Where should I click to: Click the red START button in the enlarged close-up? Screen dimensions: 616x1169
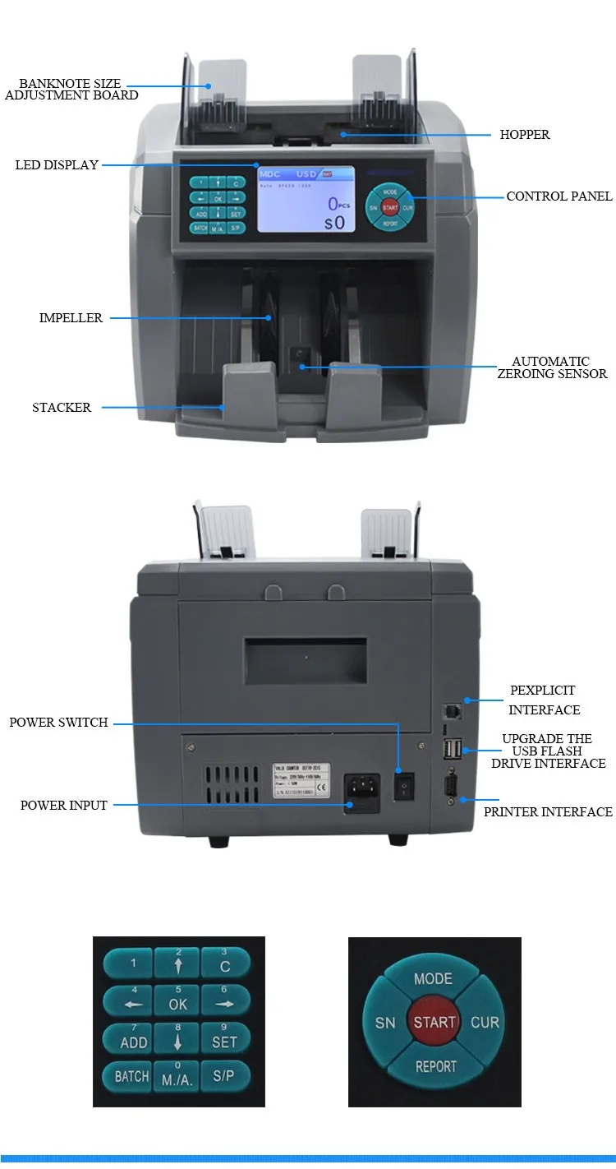point(434,1022)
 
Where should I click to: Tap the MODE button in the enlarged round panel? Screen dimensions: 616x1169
point(434,978)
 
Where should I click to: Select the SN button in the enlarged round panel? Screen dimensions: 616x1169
point(385,1023)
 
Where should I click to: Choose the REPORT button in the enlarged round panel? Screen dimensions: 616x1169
point(435,1066)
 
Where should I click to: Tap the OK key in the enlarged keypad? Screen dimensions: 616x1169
point(178,1002)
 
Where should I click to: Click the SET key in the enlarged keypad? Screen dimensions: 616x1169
point(224,1039)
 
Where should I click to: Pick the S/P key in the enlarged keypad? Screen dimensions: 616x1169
point(224,1076)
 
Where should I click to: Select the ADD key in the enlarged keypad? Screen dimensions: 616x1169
point(133,1040)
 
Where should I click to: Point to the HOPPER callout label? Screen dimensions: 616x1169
point(525,135)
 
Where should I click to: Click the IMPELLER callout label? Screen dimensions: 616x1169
point(71,318)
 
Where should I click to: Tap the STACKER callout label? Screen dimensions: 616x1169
point(62,407)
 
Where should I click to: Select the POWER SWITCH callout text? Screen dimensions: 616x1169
point(58,723)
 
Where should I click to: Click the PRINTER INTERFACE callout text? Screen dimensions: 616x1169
point(548,812)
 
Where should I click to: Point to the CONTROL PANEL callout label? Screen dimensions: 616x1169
point(559,196)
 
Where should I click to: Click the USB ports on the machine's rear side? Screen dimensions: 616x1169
point(452,748)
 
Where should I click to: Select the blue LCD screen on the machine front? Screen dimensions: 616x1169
point(306,199)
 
